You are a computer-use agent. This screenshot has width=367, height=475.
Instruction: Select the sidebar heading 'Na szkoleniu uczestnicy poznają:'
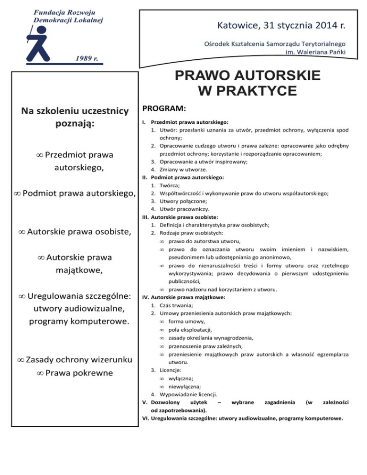[x=75, y=118]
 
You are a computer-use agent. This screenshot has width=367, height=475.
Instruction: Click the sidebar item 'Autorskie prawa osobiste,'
[x=75, y=232]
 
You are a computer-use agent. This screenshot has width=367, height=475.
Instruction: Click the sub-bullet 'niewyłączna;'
[x=184, y=386]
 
